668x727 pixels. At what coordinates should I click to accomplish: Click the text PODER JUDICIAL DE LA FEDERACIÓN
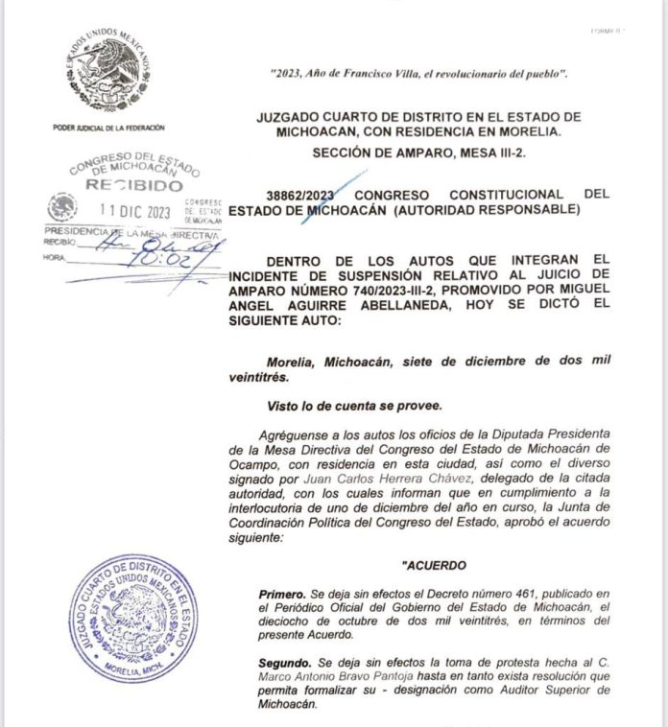[108, 128]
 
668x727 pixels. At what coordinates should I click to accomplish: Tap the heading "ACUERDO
[434, 566]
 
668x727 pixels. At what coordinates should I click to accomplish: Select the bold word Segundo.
[288, 663]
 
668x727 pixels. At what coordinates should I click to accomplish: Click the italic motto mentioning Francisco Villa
[420, 74]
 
